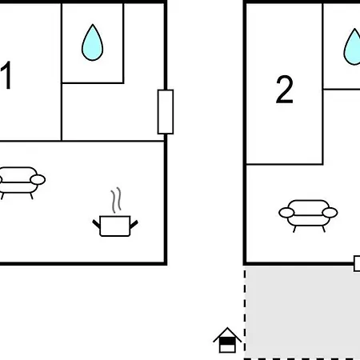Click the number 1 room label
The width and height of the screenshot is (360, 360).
coord(6,75)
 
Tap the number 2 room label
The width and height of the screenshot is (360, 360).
coord(284,90)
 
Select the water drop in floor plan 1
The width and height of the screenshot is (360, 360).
coord(92,42)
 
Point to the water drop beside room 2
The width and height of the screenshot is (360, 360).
coord(353,47)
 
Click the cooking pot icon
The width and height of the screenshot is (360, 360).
coord(115,226)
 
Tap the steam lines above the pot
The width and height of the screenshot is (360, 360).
coord(116,200)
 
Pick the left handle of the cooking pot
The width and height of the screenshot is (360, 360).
coord(96,224)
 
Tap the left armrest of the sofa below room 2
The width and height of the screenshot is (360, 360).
coord(286,213)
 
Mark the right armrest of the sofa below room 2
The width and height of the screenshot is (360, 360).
coord(330,213)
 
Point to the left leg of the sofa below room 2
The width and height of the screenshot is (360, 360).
coord(294,229)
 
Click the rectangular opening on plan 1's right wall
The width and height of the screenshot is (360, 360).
coord(166,112)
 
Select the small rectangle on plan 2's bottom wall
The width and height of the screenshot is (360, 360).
coord(357,263)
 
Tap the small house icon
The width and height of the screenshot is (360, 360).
coord(227,340)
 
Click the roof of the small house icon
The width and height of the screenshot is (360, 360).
coord(227,334)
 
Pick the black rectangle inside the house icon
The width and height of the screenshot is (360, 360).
coord(227,341)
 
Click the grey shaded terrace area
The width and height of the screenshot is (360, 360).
coord(303,312)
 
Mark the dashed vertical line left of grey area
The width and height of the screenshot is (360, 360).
coord(245,314)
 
